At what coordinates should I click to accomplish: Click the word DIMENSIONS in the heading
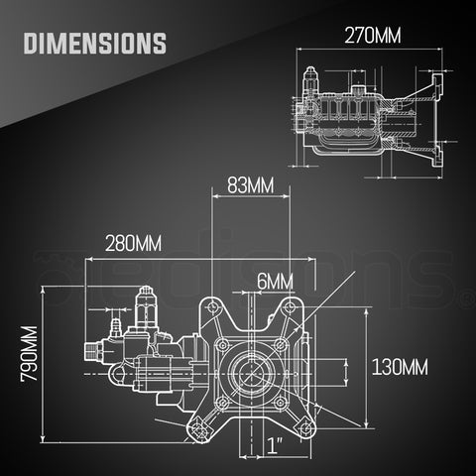point(93,44)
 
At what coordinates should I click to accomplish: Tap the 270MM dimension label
point(373,37)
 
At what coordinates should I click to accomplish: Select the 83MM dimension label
point(244,185)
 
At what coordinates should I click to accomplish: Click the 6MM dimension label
point(274,281)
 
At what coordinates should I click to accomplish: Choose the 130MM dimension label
point(400,366)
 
